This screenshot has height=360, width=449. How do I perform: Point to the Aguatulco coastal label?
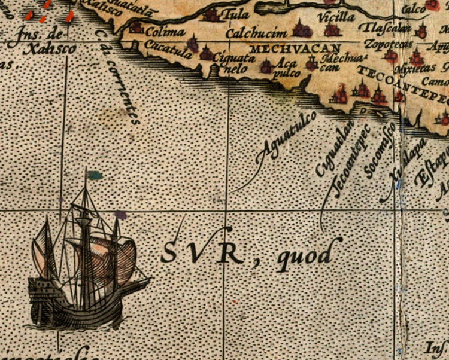[277, 144]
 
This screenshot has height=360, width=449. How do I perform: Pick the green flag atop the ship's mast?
[94, 175]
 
